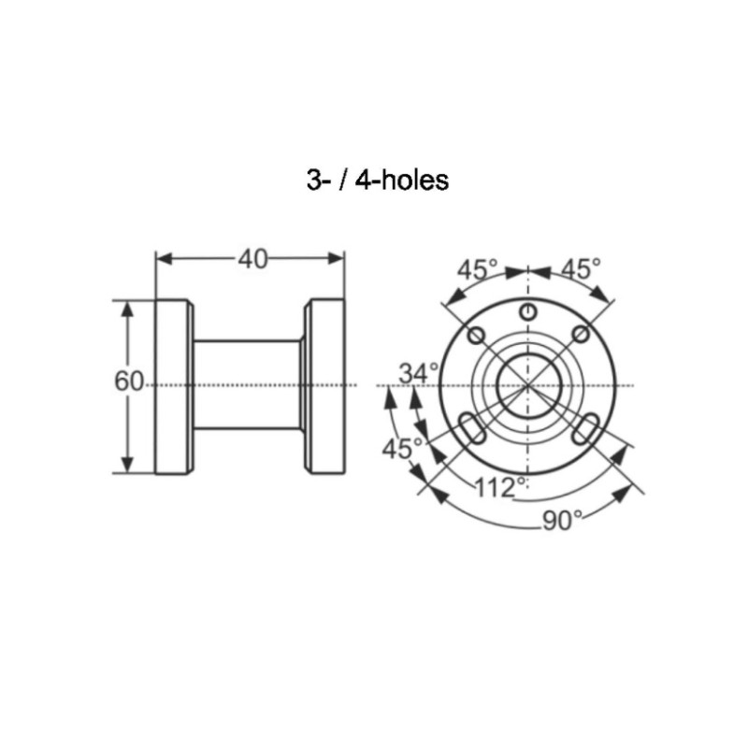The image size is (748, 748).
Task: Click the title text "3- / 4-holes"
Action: click(x=378, y=180)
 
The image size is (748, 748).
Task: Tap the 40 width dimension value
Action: click(x=252, y=259)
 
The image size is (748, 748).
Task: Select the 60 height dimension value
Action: click(x=129, y=381)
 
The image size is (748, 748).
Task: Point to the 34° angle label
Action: click(x=419, y=373)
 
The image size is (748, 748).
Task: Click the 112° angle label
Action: click(x=501, y=487)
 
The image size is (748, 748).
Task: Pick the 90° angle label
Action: click(x=563, y=521)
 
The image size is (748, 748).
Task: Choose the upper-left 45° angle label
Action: click(x=478, y=269)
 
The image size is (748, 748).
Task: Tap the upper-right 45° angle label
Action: click(x=581, y=268)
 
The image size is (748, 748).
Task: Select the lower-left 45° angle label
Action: click(x=402, y=449)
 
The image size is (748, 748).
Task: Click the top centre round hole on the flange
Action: click(x=527, y=313)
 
